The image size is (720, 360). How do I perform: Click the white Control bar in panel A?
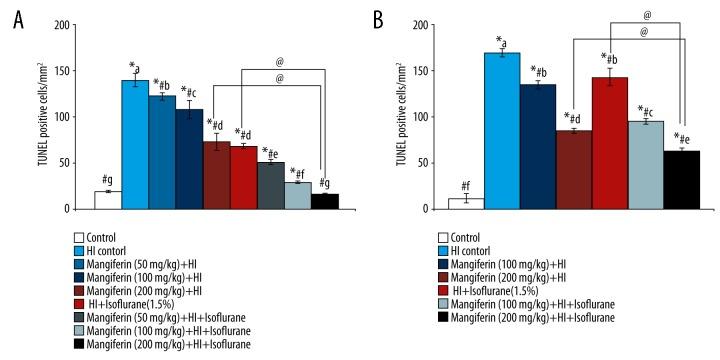click(108, 201)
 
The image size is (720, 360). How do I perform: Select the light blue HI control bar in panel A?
click(135, 146)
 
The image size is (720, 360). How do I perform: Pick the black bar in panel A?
click(324, 202)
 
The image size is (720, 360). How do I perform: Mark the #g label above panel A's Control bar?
click(107, 180)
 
